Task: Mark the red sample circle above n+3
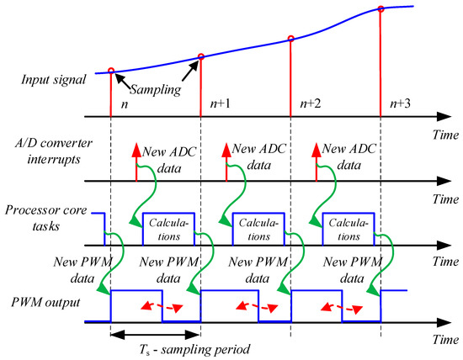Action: (381, 9)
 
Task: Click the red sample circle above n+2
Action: (291, 38)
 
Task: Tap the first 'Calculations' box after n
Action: (171, 228)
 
